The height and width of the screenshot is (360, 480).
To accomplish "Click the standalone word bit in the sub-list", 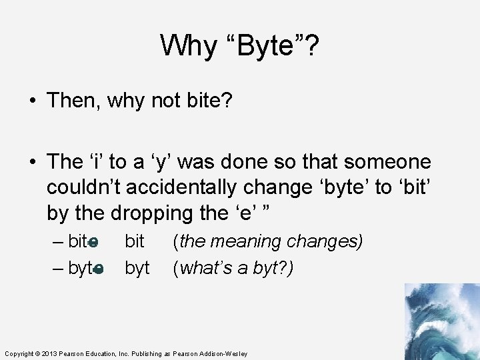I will pos(135,241).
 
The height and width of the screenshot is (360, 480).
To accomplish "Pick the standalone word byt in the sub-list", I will pos(137,268).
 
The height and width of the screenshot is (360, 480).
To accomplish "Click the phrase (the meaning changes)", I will pos(268,241).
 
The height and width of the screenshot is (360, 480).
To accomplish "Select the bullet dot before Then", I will pos(33,101).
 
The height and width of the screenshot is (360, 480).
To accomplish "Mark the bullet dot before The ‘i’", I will pos(33,162).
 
